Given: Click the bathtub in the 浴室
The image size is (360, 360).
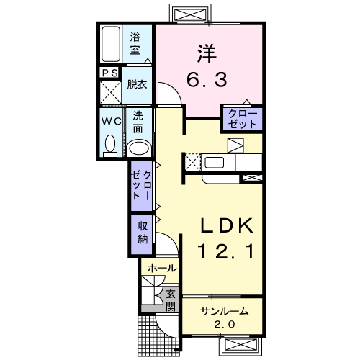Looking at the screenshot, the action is [x=111, y=44].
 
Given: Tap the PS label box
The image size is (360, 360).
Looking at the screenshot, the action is [x=110, y=73].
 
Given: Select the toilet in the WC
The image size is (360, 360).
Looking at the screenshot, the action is [x=110, y=146].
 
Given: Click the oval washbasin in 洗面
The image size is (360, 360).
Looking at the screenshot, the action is [x=140, y=148].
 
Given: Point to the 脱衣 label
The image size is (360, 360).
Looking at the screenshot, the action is [x=137, y=84].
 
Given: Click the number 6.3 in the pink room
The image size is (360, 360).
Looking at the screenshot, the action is [x=207, y=80].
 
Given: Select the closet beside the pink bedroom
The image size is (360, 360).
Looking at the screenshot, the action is [x=242, y=120].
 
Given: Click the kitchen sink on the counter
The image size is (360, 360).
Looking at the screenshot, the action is [x=214, y=163].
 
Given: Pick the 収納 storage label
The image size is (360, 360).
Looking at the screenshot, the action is [x=143, y=233].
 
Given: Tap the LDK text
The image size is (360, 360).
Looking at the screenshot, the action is [x=227, y=225].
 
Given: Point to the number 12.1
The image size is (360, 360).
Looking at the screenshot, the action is [x=225, y=251].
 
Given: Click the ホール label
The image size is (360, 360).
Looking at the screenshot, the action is [x=162, y=268].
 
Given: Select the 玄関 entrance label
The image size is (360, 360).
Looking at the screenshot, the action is [x=171, y=300].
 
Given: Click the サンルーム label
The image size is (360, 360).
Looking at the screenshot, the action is [x=224, y=311].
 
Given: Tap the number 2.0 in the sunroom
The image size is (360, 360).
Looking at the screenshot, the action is [x=225, y=325].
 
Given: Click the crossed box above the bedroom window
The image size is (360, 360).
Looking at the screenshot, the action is [x=191, y=14].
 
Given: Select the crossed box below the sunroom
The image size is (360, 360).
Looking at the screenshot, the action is [x=240, y=345].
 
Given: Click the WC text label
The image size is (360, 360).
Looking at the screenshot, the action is [x=112, y=122].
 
